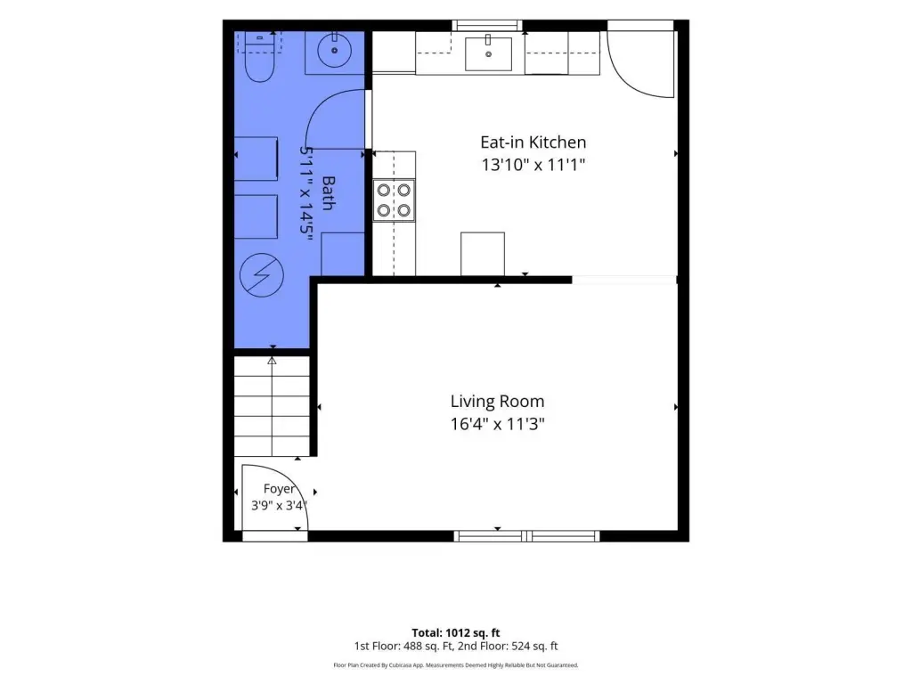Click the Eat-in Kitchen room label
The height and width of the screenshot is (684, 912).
coord(533,142)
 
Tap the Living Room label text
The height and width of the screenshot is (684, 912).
coord(497,402)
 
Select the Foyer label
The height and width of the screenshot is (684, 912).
coord(279,489)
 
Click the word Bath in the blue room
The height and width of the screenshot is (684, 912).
coord(328,193)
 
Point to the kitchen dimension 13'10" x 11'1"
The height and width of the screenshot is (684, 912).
coord(533,165)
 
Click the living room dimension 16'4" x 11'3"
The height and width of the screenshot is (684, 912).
coord(497,424)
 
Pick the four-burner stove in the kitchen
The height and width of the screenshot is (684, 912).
coord(394,200)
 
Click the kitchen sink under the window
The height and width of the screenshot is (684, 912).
coord(488,53)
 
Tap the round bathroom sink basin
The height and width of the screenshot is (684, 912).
coord(335,50)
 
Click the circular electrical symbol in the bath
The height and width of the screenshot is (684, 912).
coord(262,275)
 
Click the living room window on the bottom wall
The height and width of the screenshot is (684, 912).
coord(527,535)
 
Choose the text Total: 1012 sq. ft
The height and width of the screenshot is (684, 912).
coord(455,633)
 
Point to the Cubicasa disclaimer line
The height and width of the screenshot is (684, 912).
coord(455,664)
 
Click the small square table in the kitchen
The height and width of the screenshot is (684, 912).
coord(483,254)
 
